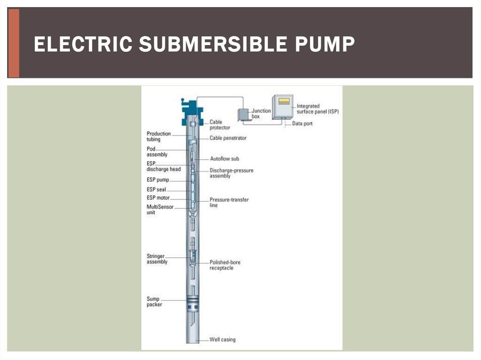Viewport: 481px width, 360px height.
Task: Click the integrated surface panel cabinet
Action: [282, 107]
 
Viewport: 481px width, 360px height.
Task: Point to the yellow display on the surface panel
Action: [283, 101]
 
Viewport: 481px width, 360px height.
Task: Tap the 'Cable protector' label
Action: [219, 125]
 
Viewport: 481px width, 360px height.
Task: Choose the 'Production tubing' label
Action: [159, 137]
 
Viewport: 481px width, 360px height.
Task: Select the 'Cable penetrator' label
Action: [228, 138]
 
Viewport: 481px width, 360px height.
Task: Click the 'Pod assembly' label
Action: [157, 152]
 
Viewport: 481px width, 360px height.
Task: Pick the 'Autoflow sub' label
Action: [224, 159]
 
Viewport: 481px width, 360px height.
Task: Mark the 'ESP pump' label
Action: [157, 180]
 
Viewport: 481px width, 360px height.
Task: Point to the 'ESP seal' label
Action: [156, 190]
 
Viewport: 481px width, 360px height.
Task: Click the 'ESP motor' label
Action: [158, 198]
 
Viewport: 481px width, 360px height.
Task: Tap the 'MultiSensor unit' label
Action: [159, 209]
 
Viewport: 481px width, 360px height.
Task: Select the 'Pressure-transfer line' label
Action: [229, 202]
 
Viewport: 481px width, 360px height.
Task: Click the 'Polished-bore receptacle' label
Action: [225, 265]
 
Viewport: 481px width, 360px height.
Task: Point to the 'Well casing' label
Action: [222, 339]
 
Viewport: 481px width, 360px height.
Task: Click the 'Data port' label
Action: [302, 123]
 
